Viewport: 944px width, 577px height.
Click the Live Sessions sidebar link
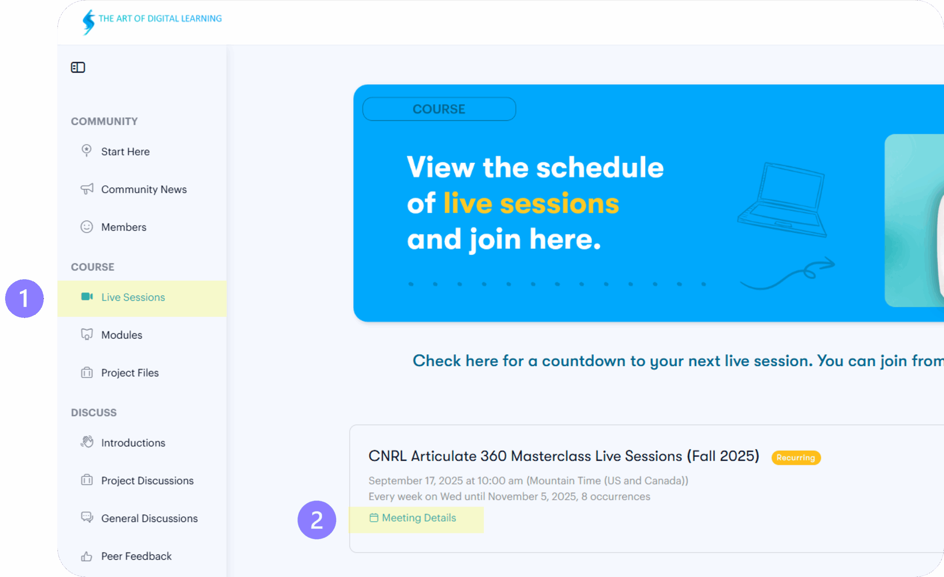coord(133,297)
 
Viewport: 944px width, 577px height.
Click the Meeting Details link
coord(413,518)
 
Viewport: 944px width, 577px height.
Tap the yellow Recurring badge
coord(796,457)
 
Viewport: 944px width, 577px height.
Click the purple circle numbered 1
coord(24,298)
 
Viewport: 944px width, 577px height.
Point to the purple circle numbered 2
coord(317,520)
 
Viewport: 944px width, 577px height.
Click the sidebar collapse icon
coord(78,68)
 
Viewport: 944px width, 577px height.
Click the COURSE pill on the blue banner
coord(439,109)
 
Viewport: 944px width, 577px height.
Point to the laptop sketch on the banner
coord(783,199)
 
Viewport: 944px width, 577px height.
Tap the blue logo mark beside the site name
coord(88,22)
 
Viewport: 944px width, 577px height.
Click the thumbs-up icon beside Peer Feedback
coord(87,556)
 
